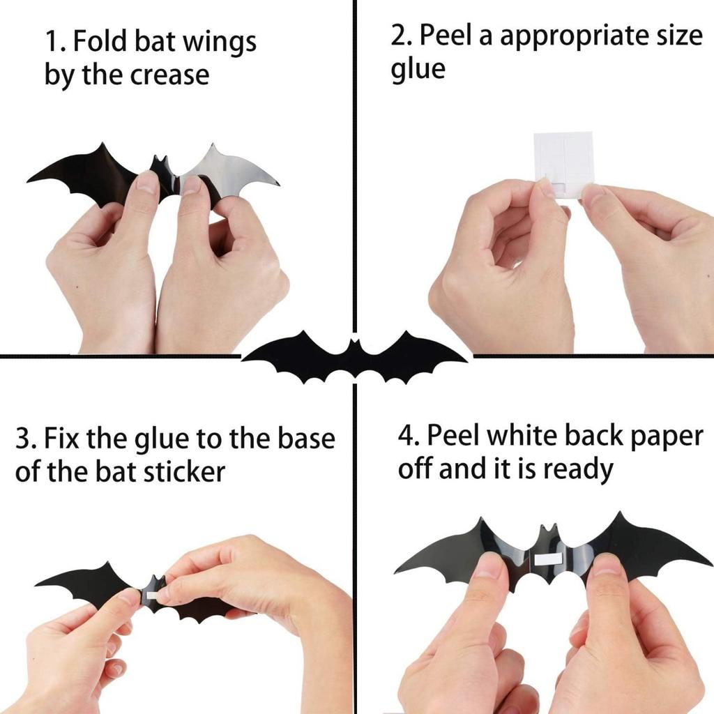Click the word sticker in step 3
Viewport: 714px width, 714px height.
[184, 472]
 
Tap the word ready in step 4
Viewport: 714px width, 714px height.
[578, 469]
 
